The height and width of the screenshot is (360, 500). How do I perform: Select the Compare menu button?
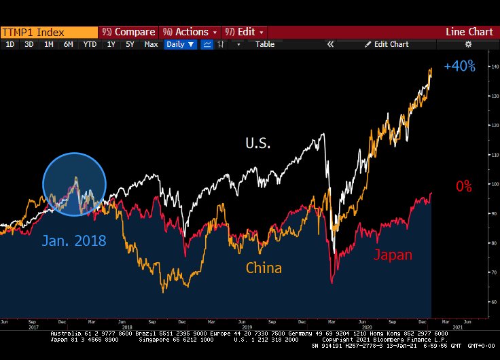(128, 32)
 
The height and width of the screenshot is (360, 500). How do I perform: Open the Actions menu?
(190, 32)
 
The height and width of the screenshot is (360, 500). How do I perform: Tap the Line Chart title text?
(469, 32)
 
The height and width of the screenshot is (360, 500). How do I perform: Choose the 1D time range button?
(10, 44)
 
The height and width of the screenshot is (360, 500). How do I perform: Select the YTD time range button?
(89, 44)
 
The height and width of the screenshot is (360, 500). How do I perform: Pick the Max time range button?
(151, 44)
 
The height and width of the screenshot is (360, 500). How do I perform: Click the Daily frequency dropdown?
(181, 44)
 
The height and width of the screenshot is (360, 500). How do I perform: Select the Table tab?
(265, 44)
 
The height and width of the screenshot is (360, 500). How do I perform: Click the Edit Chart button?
(387, 44)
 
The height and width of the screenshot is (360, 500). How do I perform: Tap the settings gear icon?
(467, 44)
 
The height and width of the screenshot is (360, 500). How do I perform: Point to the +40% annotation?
(459, 67)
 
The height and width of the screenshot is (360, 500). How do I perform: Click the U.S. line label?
(258, 143)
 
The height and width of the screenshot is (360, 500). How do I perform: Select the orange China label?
(264, 268)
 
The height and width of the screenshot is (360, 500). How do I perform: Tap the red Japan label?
(393, 255)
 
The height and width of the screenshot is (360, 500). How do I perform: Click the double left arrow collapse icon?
(331, 44)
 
